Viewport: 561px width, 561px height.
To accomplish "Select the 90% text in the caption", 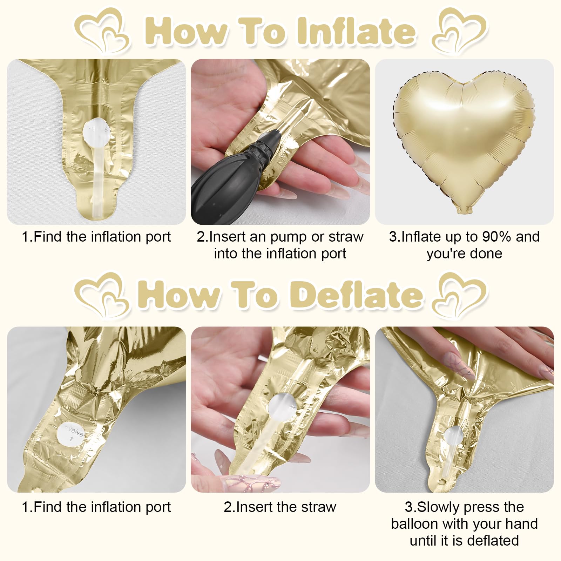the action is point(497,237).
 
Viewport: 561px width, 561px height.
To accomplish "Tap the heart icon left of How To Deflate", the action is point(102,295).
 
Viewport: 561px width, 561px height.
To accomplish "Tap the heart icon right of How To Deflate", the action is point(460,295).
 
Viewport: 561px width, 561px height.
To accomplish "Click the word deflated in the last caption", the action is point(493,540).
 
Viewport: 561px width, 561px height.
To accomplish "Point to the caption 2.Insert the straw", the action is point(280,507).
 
